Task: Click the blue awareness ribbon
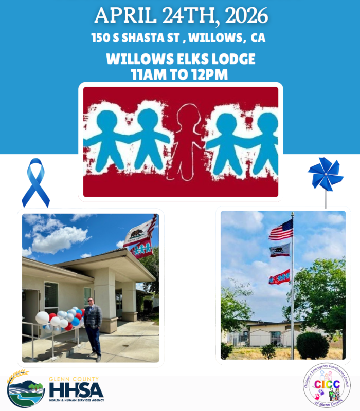point(35,182)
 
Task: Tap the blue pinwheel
point(325,174)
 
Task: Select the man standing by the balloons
point(93,325)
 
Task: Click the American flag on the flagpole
point(281,230)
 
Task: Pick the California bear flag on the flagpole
point(280,250)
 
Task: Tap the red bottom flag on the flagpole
point(279,277)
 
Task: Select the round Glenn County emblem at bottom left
point(26,389)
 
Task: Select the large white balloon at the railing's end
point(42,318)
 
